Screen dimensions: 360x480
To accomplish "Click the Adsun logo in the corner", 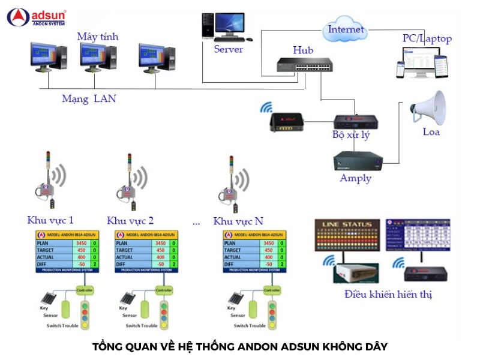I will [x=36, y=17].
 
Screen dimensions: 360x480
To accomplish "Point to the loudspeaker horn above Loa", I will [x=430, y=108].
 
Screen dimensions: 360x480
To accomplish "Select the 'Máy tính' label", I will [x=98, y=37].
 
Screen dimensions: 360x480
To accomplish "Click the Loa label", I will [x=431, y=131].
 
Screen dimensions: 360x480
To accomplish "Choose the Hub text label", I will [x=303, y=50].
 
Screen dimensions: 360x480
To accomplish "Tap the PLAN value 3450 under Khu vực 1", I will [x=82, y=243].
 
